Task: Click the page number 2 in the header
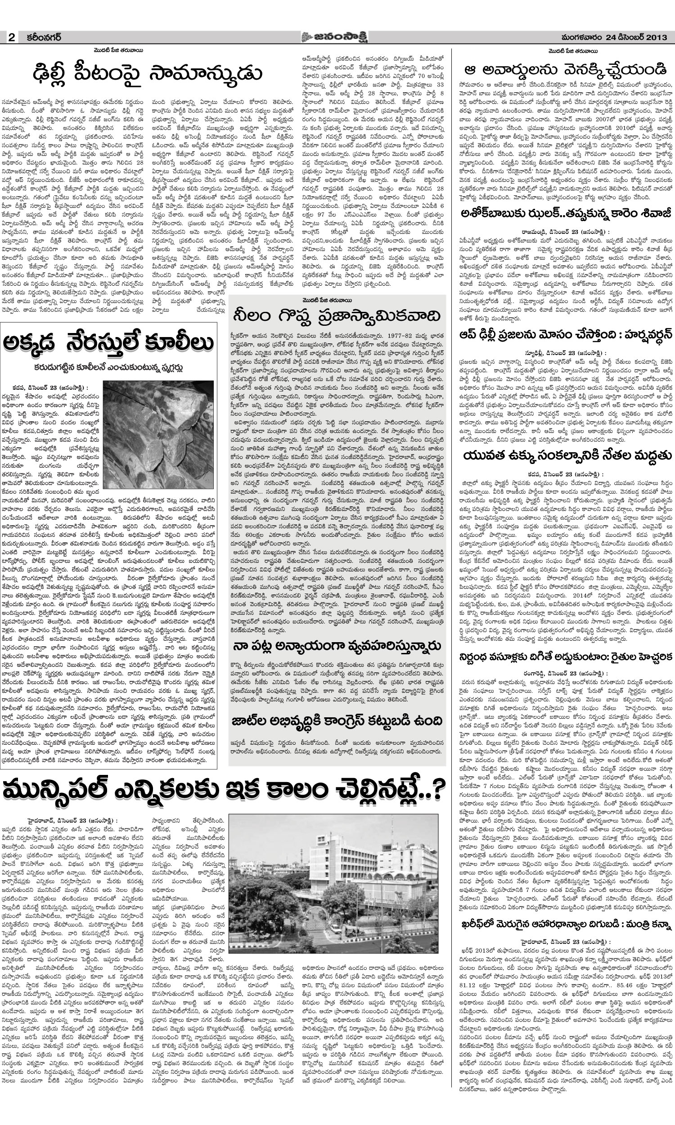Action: pos(11,38)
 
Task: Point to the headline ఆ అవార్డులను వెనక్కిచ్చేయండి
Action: pos(565,70)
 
